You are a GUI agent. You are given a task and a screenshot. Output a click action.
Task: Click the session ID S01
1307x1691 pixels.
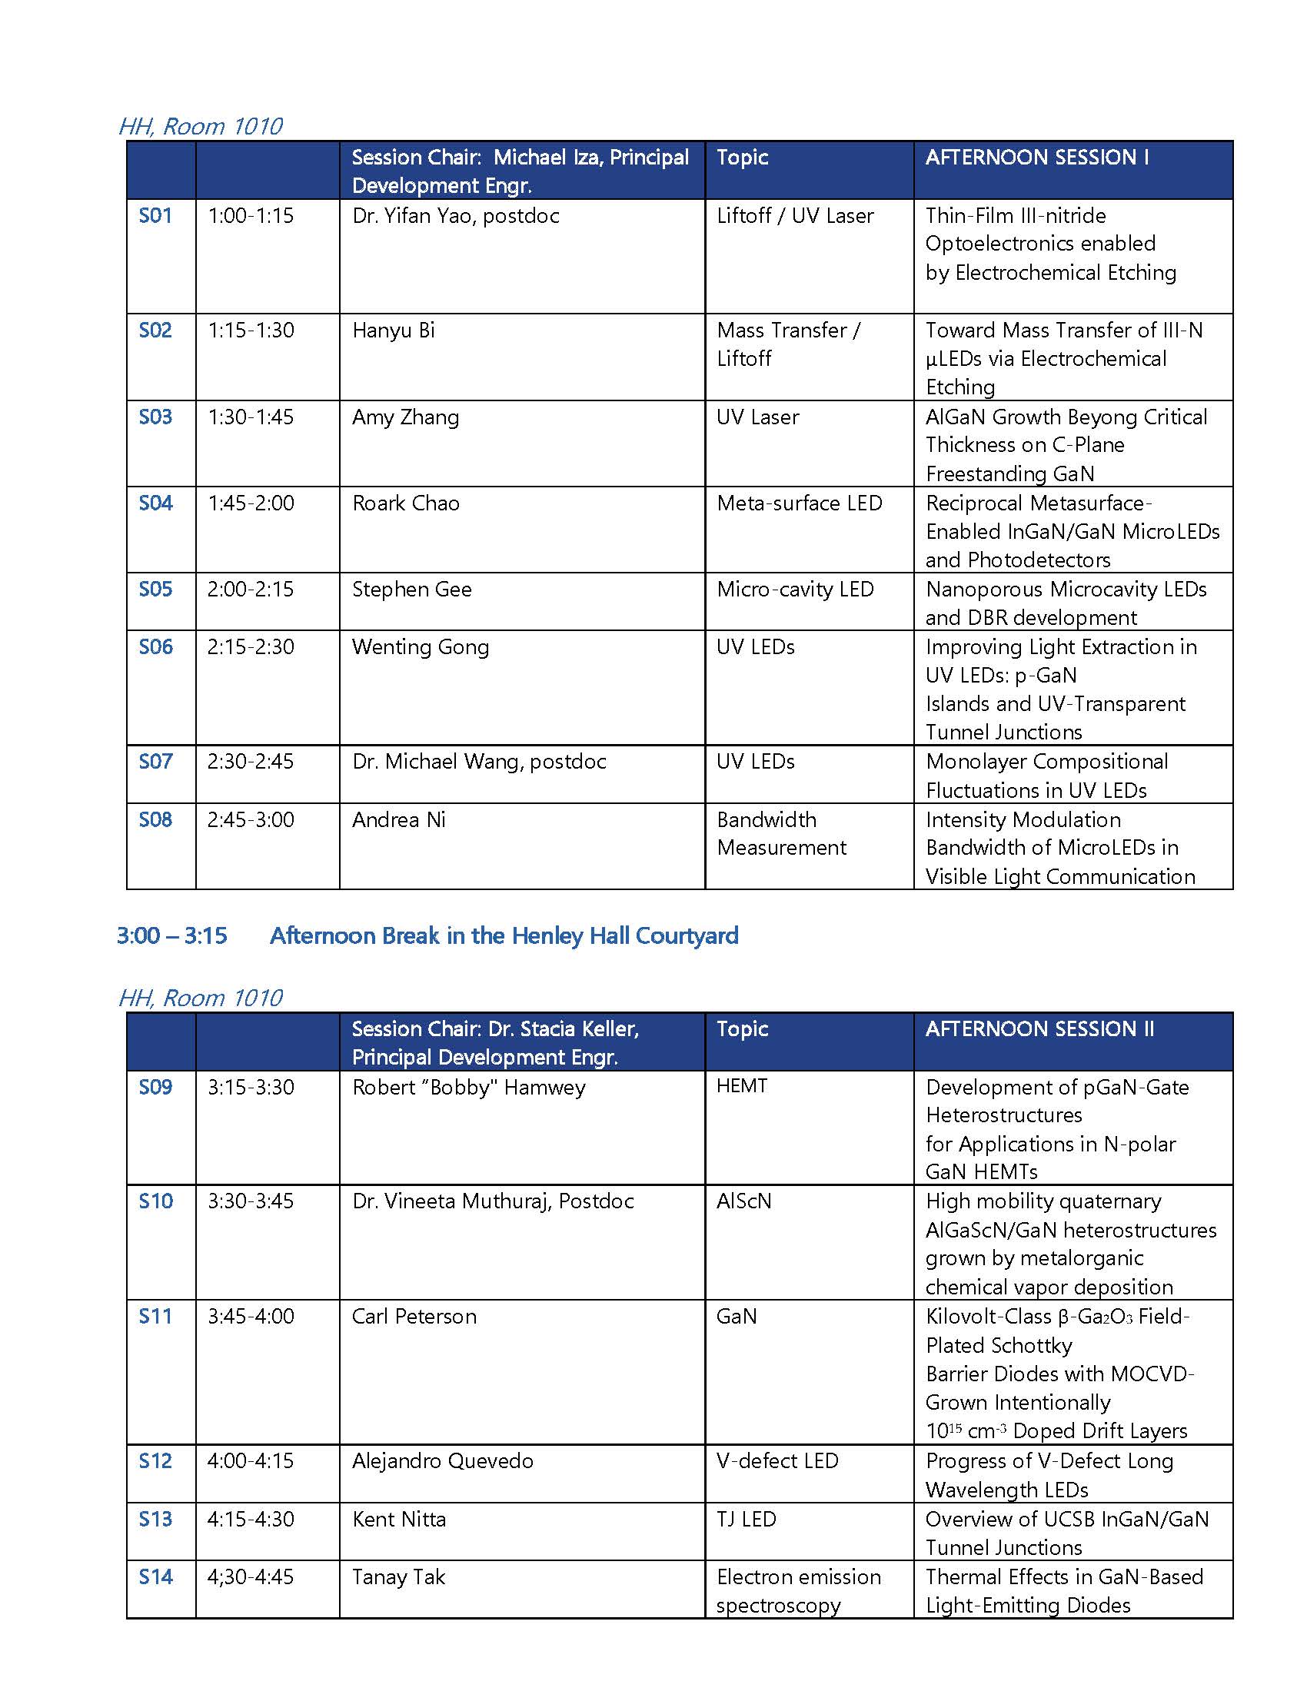click(155, 215)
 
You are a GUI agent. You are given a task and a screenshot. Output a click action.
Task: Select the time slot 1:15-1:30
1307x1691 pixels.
click(250, 331)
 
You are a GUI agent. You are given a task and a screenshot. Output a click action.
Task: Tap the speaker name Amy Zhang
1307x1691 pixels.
click(405, 417)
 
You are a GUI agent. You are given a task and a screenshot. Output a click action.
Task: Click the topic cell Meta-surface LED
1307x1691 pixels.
click(799, 503)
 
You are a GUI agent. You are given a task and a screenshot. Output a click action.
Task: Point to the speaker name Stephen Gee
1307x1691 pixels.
click(411, 590)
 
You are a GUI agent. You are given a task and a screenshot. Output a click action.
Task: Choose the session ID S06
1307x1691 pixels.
click(155, 646)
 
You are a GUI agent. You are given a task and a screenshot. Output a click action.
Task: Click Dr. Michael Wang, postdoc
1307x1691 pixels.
click(478, 761)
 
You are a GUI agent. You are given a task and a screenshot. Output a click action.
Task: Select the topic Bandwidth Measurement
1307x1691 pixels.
click(780, 833)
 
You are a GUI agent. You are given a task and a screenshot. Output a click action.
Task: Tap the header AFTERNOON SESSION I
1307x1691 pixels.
click(1037, 157)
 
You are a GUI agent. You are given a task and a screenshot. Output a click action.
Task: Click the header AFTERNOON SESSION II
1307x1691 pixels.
click(1039, 1028)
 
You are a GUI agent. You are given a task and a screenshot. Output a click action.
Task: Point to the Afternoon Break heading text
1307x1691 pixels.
click(504, 935)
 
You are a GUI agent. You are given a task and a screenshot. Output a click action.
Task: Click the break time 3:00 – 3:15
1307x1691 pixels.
click(172, 935)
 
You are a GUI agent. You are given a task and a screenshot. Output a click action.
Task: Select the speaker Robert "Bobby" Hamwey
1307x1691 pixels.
click(468, 1087)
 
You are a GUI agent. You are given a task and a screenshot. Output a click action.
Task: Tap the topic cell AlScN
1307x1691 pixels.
click(743, 1201)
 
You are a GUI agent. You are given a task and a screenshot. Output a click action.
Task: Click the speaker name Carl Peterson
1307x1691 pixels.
click(414, 1316)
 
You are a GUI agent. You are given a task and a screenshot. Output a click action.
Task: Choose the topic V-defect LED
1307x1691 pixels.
click(777, 1460)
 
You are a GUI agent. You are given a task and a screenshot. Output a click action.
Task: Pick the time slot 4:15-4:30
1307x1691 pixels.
click(250, 1518)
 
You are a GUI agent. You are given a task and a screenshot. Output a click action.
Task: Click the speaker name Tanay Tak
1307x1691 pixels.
click(398, 1576)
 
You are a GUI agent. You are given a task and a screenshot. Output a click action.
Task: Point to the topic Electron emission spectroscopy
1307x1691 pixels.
click(797, 1590)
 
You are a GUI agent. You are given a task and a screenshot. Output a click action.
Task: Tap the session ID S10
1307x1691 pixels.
click(155, 1201)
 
